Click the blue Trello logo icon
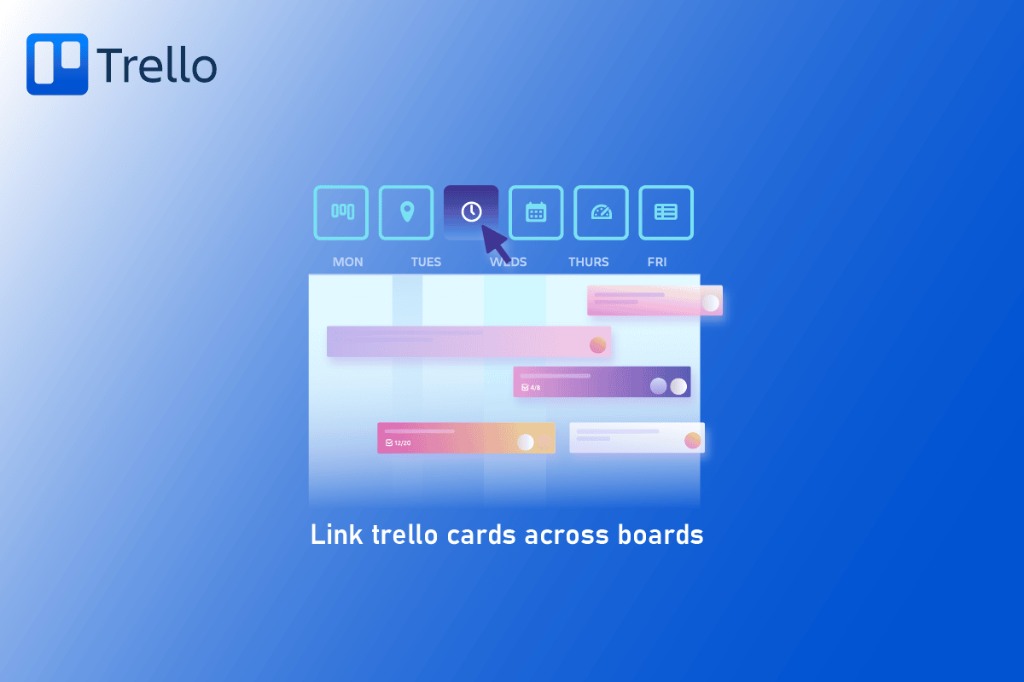pyautogui.click(x=57, y=64)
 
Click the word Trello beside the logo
pyautogui.click(x=157, y=65)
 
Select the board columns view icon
pyautogui.click(x=341, y=212)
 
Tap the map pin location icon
pyautogui.click(x=406, y=212)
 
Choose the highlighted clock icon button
pyautogui.click(x=471, y=212)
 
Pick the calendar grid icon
pyautogui.click(x=536, y=212)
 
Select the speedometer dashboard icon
pyautogui.click(x=601, y=212)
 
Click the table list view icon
pyautogui.click(x=666, y=212)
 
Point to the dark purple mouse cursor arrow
pyautogui.click(x=496, y=243)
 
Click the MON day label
pyautogui.click(x=348, y=262)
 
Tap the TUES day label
pyautogui.click(x=426, y=262)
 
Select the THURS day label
pyautogui.click(x=588, y=262)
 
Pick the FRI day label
pyautogui.click(x=657, y=262)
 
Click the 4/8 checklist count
pyautogui.click(x=531, y=387)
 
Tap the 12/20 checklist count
pyautogui.click(x=399, y=442)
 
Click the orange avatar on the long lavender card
pyautogui.click(x=597, y=345)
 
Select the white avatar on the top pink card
pyautogui.click(x=710, y=303)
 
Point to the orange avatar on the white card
pyautogui.click(x=693, y=441)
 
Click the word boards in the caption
pyautogui.click(x=660, y=535)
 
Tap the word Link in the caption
pyautogui.click(x=337, y=535)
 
